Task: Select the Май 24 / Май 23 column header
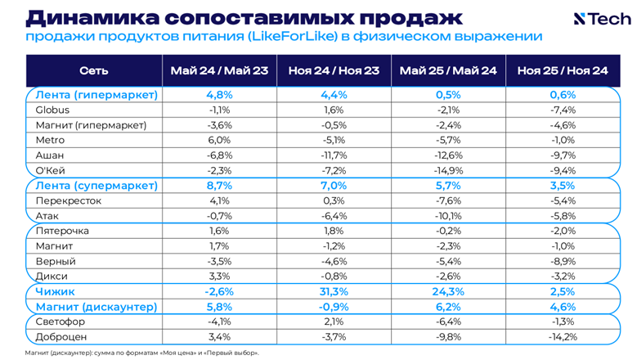pyautogui.click(x=219, y=71)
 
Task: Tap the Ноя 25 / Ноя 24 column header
pyautogui.click(x=563, y=71)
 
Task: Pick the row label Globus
pyautogui.click(x=52, y=110)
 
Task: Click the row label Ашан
pyautogui.click(x=50, y=155)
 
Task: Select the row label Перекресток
pyautogui.click(x=68, y=200)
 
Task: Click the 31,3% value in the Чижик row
pyautogui.click(x=334, y=291)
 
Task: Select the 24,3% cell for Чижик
pyautogui.click(x=448, y=291)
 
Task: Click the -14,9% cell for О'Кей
pyautogui.click(x=448, y=170)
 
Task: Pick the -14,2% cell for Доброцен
pyautogui.click(x=563, y=336)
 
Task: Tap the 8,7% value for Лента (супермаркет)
pyautogui.click(x=219, y=186)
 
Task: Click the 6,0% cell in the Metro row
pyautogui.click(x=219, y=140)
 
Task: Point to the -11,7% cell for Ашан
pyautogui.click(x=334, y=155)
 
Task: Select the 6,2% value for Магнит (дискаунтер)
pyautogui.click(x=448, y=307)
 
